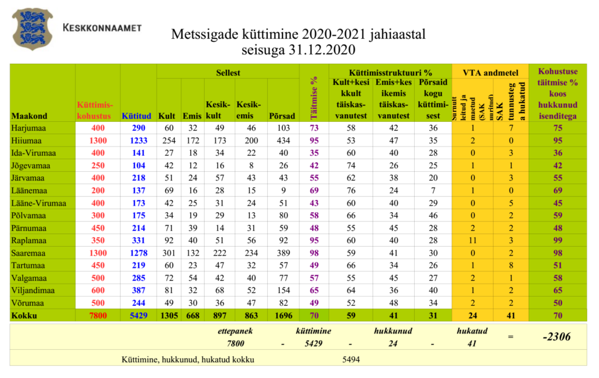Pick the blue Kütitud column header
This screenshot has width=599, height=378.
click(x=136, y=116)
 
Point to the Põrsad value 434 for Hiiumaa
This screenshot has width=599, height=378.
click(x=283, y=141)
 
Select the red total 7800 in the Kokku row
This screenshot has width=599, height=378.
click(x=98, y=316)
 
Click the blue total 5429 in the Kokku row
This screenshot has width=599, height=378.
click(x=138, y=316)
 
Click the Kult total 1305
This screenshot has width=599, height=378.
click(x=168, y=316)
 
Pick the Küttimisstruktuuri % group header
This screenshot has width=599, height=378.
click(x=390, y=73)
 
